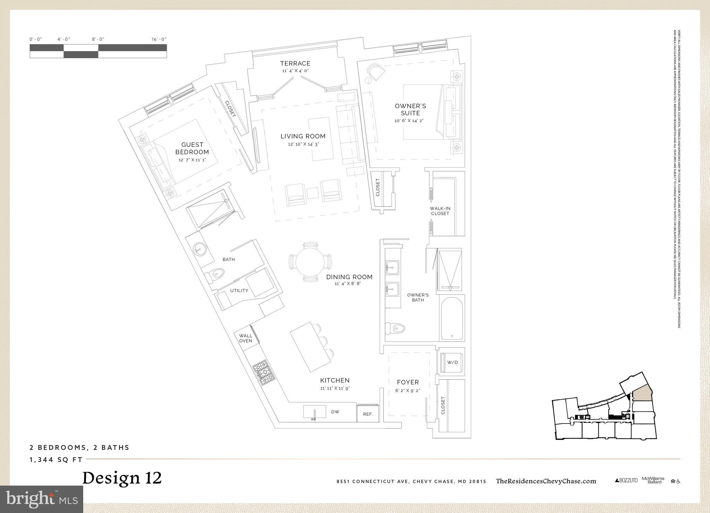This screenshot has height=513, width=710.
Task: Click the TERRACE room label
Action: (295, 63)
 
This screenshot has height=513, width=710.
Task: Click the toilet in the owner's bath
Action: (396, 328)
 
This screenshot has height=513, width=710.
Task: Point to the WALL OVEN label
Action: (245, 338)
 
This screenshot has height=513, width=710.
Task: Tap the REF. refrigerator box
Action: (367, 414)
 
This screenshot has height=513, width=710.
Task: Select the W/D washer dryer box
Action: (452, 362)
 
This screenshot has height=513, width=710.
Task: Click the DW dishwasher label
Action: (335, 412)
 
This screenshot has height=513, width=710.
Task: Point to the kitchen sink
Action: (314, 412)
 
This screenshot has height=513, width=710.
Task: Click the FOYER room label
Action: (408, 382)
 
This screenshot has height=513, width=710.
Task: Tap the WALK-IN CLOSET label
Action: (440, 211)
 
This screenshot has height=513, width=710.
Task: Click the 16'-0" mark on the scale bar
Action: (159, 40)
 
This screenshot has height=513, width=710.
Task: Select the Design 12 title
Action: (122, 478)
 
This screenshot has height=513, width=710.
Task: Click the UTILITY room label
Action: (239, 290)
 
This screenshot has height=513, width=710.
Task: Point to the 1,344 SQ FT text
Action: (56, 460)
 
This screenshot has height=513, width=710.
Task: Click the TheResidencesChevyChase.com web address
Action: (546, 481)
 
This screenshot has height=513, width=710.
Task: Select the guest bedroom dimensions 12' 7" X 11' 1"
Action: (192, 160)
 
